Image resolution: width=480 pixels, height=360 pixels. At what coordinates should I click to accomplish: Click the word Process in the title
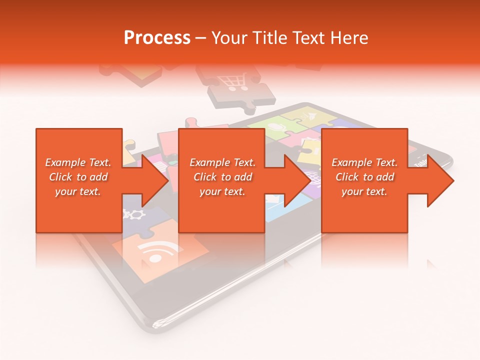(x=157, y=38)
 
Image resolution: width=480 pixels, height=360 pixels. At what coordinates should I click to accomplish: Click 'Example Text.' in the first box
(x=78, y=162)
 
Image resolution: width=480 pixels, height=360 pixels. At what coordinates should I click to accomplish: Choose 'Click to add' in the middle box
(x=222, y=177)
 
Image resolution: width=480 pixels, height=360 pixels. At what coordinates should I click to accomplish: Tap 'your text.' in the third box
(x=364, y=191)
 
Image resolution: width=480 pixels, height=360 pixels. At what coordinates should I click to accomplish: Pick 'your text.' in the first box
(x=78, y=191)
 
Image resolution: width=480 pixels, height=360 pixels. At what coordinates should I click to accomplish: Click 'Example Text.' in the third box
(x=364, y=162)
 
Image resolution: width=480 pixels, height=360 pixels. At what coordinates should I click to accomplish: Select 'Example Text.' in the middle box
(x=222, y=162)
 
